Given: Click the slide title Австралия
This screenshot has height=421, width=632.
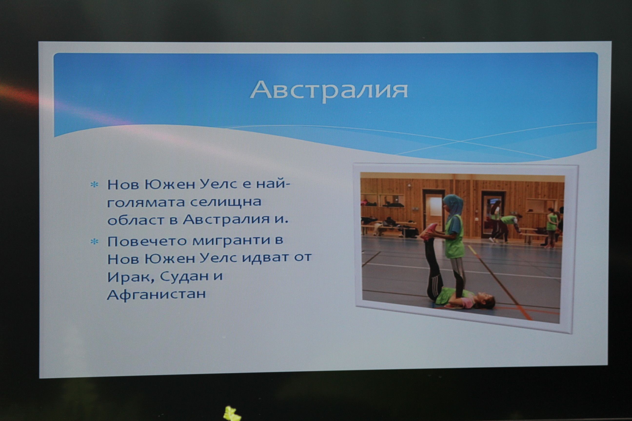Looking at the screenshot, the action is [329, 90].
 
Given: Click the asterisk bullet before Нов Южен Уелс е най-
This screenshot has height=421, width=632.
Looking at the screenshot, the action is [94, 185].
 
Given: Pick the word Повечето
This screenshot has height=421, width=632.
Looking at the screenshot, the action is [147, 241].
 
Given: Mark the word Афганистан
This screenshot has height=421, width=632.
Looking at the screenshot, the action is [156, 294].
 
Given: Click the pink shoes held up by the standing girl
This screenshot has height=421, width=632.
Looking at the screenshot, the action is [429, 231].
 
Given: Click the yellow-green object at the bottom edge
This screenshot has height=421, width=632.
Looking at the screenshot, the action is [232, 414].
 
